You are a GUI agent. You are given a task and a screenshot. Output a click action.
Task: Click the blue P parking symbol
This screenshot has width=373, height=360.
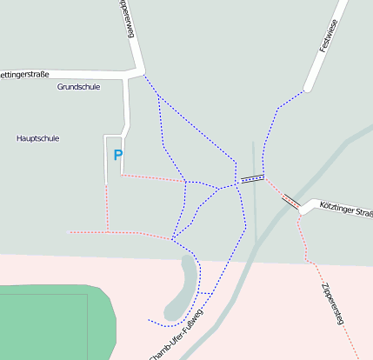pos(118,156)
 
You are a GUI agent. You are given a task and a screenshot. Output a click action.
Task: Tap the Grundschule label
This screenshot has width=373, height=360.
pos(78,87)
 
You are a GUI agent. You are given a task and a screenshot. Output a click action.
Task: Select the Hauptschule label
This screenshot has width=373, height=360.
pos(38,138)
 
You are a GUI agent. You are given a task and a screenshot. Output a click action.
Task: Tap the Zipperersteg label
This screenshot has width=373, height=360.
pos(331,303)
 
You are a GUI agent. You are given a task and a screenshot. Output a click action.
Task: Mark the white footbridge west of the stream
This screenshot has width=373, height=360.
pos(252,179)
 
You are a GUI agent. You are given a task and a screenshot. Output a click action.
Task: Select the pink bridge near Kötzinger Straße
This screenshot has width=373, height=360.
pos(290,201)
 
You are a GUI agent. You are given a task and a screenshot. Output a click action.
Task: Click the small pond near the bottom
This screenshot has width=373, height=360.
pos(183,287)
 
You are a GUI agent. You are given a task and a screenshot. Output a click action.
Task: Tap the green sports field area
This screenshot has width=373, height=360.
pos(52,322)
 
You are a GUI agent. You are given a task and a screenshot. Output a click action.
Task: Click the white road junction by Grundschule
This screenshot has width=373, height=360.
pos(136,73)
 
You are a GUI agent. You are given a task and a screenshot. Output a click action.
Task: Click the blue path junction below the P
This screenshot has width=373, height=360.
pos(173,237)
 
